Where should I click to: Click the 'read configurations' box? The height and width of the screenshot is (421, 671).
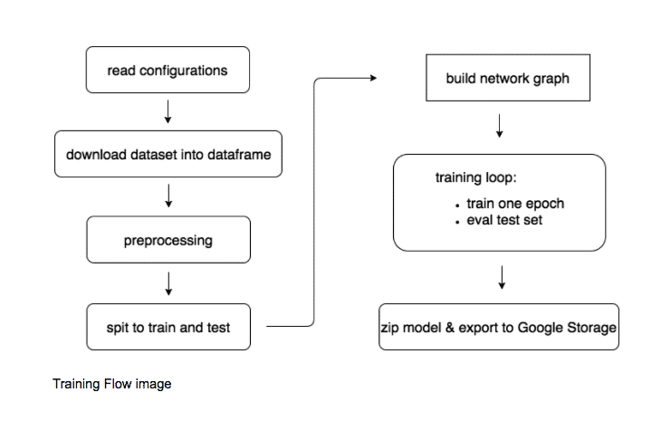click(168, 70)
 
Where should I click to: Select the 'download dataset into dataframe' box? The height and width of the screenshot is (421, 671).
click(168, 154)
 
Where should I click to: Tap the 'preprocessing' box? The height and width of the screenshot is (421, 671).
click(168, 240)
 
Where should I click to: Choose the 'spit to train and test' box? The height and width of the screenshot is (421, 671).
click(168, 327)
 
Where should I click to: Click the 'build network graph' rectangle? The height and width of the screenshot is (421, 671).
click(508, 78)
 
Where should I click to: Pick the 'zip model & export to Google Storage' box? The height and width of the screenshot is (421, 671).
click(499, 327)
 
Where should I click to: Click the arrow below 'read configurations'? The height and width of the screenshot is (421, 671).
click(168, 111)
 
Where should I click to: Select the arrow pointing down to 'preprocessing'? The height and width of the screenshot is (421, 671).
click(168, 196)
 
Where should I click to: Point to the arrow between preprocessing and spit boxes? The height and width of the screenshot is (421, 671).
click(168, 283)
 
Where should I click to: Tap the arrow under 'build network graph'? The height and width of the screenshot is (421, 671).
click(499, 126)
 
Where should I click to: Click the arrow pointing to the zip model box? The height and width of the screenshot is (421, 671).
click(502, 277)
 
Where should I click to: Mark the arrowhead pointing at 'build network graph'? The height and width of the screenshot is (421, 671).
click(374, 78)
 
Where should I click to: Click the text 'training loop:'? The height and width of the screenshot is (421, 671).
click(476, 177)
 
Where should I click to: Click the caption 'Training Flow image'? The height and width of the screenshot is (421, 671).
click(112, 384)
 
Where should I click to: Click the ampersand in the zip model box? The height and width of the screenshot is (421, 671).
click(449, 328)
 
